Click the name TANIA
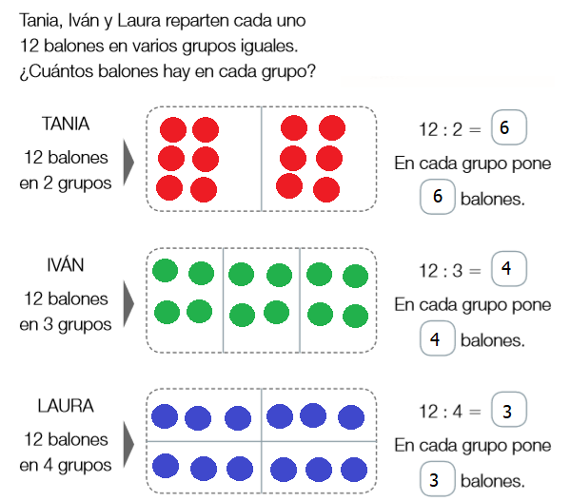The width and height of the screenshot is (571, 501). (66, 123)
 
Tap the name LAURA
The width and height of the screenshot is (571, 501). (66, 406)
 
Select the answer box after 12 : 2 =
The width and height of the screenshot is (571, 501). (506, 128)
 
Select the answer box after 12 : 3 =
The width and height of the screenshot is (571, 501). (506, 270)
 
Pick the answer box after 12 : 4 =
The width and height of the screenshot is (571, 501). (506, 412)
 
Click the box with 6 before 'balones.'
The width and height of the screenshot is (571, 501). (437, 198)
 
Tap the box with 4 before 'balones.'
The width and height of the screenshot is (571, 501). (435, 338)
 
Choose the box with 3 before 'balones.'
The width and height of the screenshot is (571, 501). (435, 479)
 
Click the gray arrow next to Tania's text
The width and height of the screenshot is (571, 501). (129, 158)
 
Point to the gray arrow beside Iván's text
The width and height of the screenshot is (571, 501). (129, 299)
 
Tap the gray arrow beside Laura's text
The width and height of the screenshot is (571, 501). (129, 441)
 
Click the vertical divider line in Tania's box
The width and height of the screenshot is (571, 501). (262, 158)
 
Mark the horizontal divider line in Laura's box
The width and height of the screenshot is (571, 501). (262, 442)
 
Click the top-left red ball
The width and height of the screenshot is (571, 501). (172, 129)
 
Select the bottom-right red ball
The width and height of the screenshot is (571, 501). (327, 189)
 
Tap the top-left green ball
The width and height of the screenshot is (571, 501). (166, 271)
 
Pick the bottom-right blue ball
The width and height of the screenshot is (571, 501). (351, 467)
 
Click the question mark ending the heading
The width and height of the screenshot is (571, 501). (312, 71)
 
